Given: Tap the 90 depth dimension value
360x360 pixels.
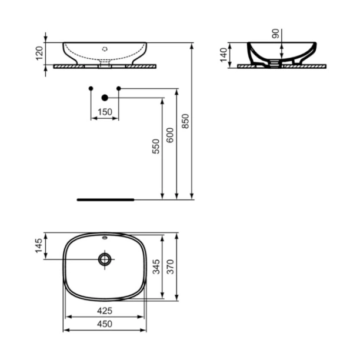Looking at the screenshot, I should tap(275, 34).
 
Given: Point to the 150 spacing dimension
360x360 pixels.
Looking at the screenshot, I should tap(104, 112).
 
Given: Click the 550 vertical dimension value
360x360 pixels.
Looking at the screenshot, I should tap(156, 147).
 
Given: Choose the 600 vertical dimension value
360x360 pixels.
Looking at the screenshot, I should tap(171, 136).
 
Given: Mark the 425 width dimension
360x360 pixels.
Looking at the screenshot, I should tap(104, 309).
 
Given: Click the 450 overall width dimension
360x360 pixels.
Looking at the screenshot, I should tap(104, 324).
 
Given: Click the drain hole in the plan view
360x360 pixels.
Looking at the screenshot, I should tap(105, 259).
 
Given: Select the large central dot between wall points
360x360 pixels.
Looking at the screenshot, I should tap(105, 98).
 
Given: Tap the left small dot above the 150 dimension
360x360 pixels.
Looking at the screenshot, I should tap(90, 88).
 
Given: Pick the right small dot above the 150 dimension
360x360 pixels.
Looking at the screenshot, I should tap(119, 88).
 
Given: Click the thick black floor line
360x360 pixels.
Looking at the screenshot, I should tap(106, 199).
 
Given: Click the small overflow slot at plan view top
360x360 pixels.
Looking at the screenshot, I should tap(105, 238).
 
